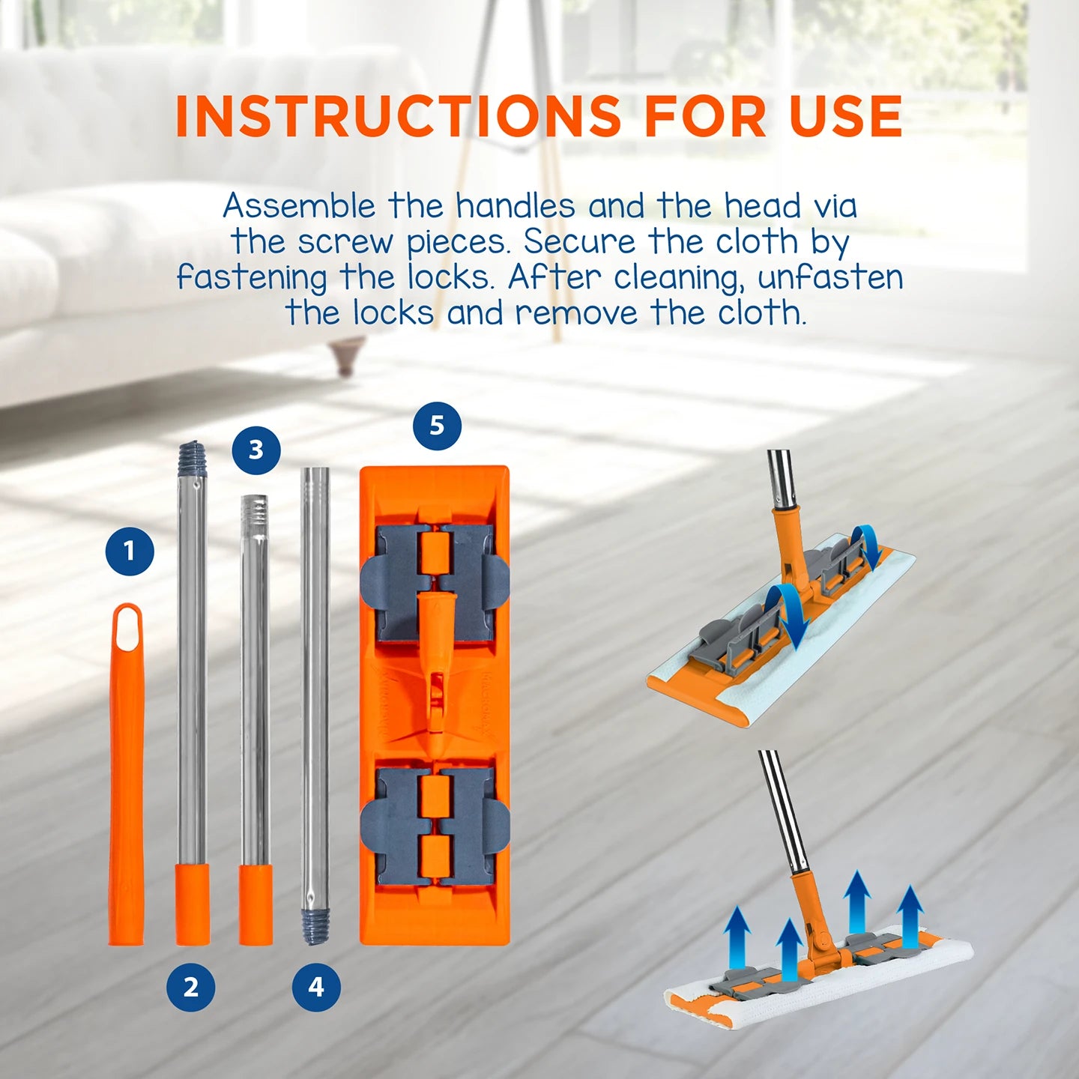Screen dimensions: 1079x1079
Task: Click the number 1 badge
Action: [130, 551]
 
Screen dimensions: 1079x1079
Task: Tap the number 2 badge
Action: [191, 987]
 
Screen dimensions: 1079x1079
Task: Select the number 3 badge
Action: [256, 450]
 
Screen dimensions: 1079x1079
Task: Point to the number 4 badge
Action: [316, 987]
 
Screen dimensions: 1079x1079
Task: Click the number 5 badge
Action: [437, 426]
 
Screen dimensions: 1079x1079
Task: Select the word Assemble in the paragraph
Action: [299, 206]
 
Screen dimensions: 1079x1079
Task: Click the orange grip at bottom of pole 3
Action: [256, 904]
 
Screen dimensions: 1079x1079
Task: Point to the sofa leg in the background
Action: [346, 355]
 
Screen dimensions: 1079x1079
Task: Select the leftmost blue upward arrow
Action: [738, 937]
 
